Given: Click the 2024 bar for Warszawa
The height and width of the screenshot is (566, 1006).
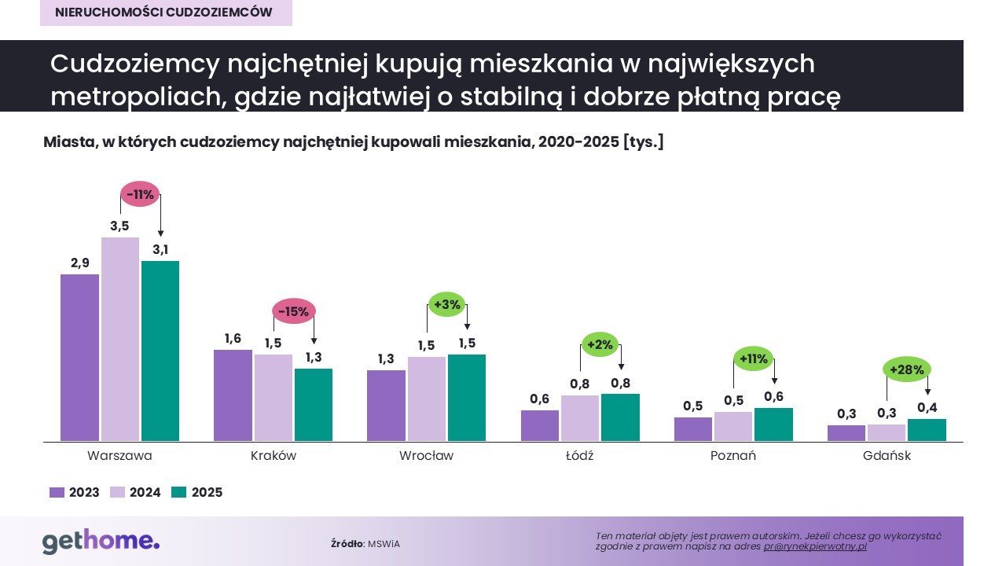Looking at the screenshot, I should coord(120,339).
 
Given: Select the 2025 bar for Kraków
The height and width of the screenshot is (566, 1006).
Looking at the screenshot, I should coord(314,405).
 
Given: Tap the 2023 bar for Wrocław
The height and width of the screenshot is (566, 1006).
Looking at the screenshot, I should coord(387,406).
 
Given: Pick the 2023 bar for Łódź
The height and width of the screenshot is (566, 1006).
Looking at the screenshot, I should coord(540,425).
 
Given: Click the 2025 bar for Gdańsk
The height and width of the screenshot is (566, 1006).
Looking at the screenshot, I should coord(927,430).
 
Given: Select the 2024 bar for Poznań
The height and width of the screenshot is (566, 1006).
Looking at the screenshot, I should coord(733,426).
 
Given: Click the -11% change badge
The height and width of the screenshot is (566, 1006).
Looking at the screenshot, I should coord(140,194).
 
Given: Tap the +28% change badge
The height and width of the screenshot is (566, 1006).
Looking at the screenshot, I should coord(907,369).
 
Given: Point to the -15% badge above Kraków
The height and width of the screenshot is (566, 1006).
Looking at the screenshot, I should coord(293,311).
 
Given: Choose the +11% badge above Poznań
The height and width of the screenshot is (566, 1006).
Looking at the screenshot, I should coord(753,359).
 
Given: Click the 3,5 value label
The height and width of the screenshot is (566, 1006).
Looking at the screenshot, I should coord(119,226).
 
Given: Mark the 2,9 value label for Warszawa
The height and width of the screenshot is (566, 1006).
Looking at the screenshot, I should coord(79,263).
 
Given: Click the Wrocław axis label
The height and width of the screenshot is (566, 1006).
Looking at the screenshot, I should coord(426,456).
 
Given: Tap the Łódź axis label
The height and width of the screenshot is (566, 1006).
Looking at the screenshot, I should coord(579,456).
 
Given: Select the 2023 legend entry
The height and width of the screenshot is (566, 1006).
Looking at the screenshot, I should coord(75,492).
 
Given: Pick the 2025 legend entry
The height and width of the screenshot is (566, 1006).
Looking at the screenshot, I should coord(197,492).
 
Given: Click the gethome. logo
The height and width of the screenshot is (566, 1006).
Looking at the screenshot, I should coord(101,542).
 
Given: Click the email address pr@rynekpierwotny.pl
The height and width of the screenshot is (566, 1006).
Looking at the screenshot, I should coord(815,546).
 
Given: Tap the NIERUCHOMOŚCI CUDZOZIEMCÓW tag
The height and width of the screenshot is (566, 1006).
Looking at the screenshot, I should coord(166,13).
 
